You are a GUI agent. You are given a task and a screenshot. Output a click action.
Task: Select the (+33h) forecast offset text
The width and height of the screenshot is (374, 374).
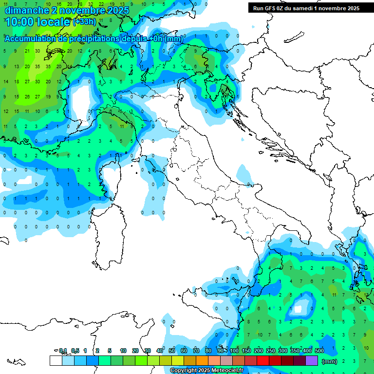click(x=84, y=22)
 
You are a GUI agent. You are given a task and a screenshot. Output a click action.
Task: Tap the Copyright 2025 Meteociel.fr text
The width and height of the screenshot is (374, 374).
click(x=206, y=371)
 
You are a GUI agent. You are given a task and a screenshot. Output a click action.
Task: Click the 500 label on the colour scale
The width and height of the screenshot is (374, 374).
click(x=319, y=351)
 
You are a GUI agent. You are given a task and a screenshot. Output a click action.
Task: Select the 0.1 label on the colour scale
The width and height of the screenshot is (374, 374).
click(x=63, y=351)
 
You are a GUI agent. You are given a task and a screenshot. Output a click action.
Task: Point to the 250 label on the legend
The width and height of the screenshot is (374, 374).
click(x=271, y=351)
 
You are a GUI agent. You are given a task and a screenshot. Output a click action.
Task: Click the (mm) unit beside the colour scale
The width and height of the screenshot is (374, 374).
click(x=330, y=361)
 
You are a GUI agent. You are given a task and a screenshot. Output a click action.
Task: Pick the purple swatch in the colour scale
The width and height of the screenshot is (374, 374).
click(x=312, y=361)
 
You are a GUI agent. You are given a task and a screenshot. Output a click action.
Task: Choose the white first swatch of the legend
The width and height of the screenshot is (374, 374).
click(x=56, y=361)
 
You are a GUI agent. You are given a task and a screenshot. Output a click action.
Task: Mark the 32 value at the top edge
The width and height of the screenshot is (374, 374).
click(x=91, y=4)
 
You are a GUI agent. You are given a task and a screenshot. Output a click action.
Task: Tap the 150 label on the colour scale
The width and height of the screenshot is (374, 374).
click(x=246, y=351)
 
